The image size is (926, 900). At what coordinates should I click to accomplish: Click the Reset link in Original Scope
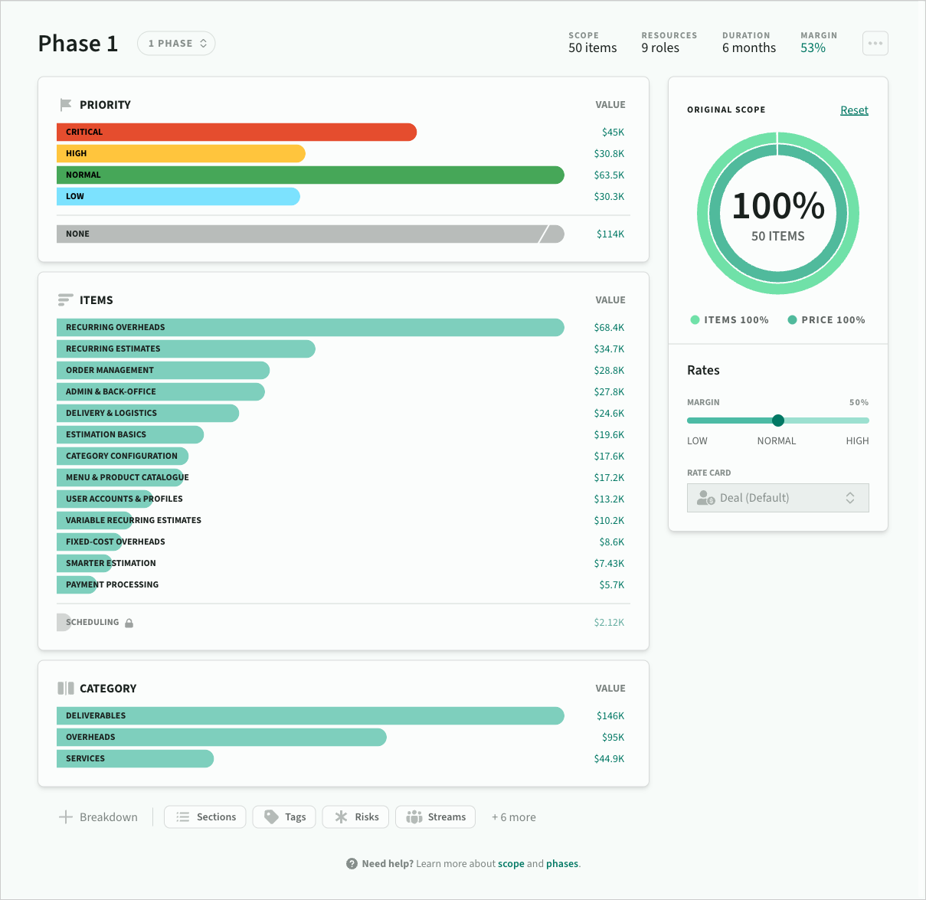854,110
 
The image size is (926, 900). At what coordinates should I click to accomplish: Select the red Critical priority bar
237,132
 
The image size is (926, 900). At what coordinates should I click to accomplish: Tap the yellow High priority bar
181,153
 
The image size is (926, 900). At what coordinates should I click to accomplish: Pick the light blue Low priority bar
178,196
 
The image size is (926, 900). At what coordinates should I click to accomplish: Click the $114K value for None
610,234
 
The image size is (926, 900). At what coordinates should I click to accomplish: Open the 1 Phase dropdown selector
176,44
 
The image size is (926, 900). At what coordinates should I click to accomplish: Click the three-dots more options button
875,44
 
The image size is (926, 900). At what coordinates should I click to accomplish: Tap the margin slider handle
778,421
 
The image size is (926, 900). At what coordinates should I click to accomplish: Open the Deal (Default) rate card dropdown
777,498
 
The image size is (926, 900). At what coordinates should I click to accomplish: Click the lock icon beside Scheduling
129,623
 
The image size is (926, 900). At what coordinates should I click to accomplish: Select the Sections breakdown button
205,817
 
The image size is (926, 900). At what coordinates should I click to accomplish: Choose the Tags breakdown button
284,817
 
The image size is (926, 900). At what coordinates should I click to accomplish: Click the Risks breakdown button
355,817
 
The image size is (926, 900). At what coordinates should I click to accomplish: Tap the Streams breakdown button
435,817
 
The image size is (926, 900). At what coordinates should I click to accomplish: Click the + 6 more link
513,817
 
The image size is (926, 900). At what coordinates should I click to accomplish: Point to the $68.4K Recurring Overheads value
609,327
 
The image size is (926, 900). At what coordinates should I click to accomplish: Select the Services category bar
135,758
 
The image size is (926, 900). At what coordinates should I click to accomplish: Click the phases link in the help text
562,863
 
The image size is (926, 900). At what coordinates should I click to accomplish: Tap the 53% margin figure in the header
813,48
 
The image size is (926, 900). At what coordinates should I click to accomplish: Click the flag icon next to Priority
66,105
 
